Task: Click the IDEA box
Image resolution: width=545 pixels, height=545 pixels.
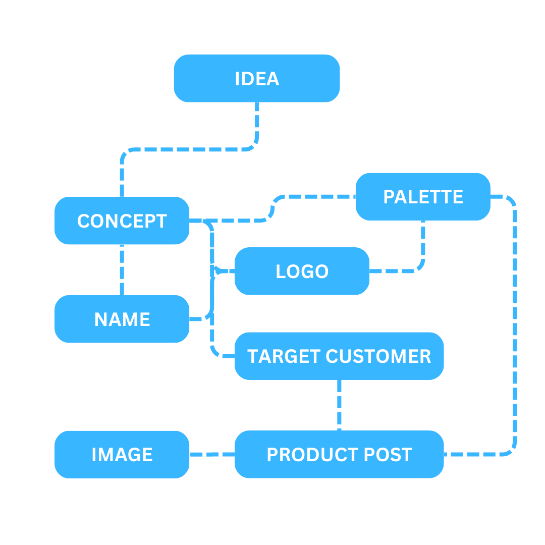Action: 256,79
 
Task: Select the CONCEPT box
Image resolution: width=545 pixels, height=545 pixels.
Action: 122,221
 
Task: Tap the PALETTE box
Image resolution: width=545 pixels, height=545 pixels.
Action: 423,197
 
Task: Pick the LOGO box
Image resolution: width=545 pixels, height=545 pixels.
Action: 302,271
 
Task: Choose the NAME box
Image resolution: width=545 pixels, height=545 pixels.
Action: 122,319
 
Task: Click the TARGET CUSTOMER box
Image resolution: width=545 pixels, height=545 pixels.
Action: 339,356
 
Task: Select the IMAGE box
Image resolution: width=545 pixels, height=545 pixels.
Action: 122,455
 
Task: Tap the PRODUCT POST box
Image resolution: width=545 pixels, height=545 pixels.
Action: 339,455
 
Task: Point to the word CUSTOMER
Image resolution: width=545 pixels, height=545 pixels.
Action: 378,356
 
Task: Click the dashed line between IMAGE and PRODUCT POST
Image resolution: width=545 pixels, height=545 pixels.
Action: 212,455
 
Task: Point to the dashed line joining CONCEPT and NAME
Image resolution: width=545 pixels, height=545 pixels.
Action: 122,270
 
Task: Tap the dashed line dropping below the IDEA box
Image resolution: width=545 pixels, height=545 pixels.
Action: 257,124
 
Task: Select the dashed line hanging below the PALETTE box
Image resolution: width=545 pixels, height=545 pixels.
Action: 423,242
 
